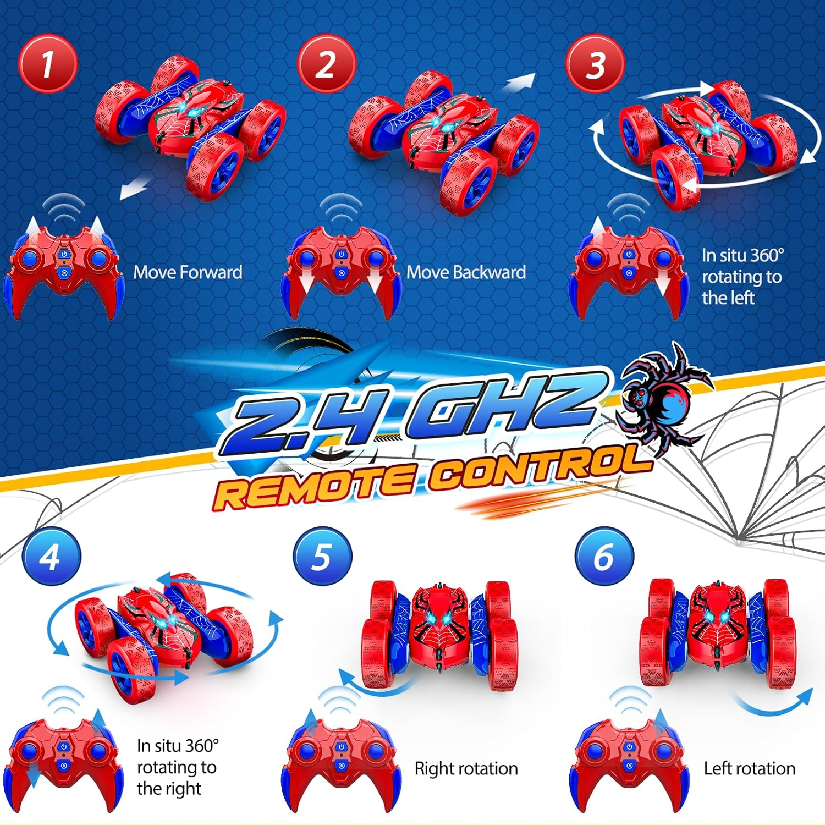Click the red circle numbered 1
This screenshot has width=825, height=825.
[x=48, y=64]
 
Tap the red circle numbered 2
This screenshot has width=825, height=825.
[x=327, y=64]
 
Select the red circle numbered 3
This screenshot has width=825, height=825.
[x=595, y=64]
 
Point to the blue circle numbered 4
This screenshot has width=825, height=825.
[x=51, y=556]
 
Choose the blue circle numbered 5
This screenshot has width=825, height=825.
[x=322, y=556]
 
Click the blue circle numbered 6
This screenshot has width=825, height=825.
[x=604, y=556]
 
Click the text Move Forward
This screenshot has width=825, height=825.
[x=188, y=272]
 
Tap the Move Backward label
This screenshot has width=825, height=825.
[x=466, y=272]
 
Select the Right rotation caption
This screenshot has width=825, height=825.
[x=466, y=768]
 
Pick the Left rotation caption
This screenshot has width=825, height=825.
[x=749, y=768]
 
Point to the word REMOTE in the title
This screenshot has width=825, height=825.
[x=313, y=484]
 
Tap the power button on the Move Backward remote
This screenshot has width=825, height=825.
[x=341, y=254]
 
